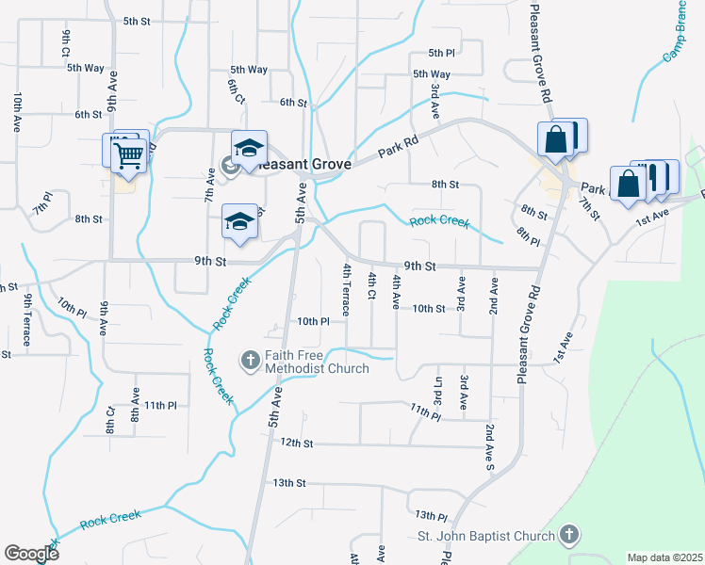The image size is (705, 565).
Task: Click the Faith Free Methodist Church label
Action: [317, 362]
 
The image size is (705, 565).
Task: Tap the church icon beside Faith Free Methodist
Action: [251, 360]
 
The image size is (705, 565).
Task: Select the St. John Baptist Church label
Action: [486, 537]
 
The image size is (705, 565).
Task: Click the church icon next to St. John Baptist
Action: [567, 536]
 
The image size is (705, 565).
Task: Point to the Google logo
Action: [31, 554]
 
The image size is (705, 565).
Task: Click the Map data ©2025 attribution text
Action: [664, 557]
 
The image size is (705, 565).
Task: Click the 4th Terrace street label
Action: [347, 289]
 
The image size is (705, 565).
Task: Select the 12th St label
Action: [295, 443]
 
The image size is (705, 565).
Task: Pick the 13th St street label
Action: [289, 482]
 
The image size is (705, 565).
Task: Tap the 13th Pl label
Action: [430, 516]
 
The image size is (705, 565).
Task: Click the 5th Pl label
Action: [441, 54]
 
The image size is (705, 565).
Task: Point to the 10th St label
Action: [428, 308]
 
